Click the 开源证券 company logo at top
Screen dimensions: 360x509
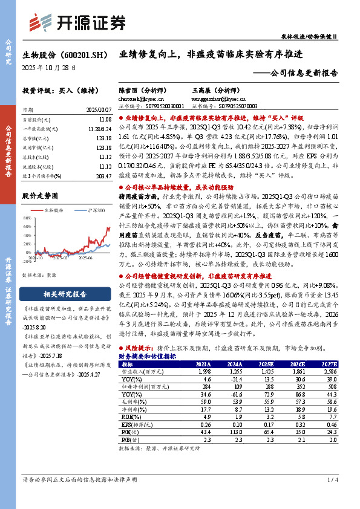pos(77,22)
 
